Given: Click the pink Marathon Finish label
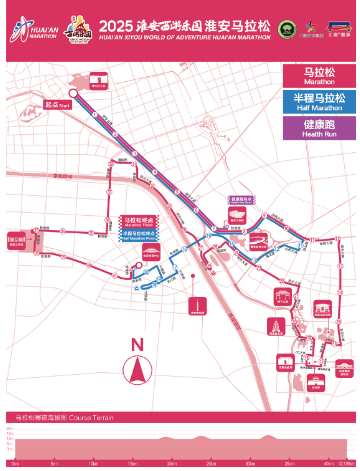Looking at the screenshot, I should pos(138,221).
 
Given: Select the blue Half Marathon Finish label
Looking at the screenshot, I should pos(138,235).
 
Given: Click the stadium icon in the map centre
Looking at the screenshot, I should pos(258,238).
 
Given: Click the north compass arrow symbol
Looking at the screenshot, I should pos(137,371).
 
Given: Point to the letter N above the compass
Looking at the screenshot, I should pos(137,345).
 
